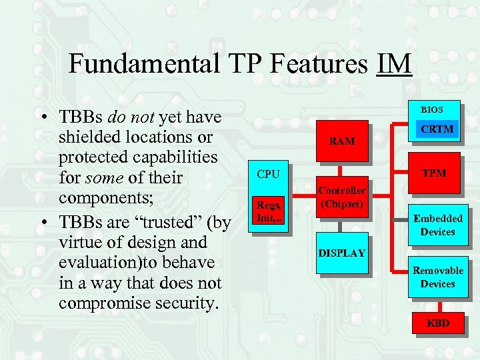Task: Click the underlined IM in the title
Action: point(394,64)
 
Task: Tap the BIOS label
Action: point(431,109)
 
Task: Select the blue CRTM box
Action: point(437,129)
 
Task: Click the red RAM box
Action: point(342,141)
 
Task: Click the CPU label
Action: point(268,174)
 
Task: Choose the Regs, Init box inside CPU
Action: point(269,212)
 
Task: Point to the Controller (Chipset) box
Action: point(341,197)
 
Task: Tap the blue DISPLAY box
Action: point(341,253)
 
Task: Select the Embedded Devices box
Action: point(437,225)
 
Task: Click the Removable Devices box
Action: point(437,277)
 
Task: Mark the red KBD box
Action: point(438,323)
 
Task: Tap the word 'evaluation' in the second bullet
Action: point(101,262)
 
